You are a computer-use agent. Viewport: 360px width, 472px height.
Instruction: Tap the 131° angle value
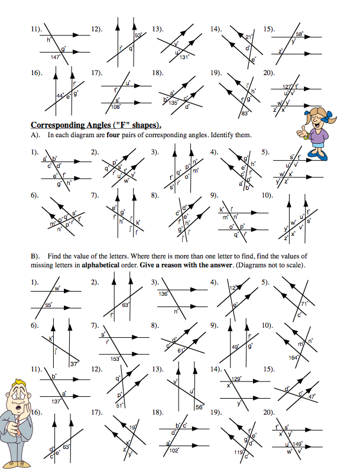184,57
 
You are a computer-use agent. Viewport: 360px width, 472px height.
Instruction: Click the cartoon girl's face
320,118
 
